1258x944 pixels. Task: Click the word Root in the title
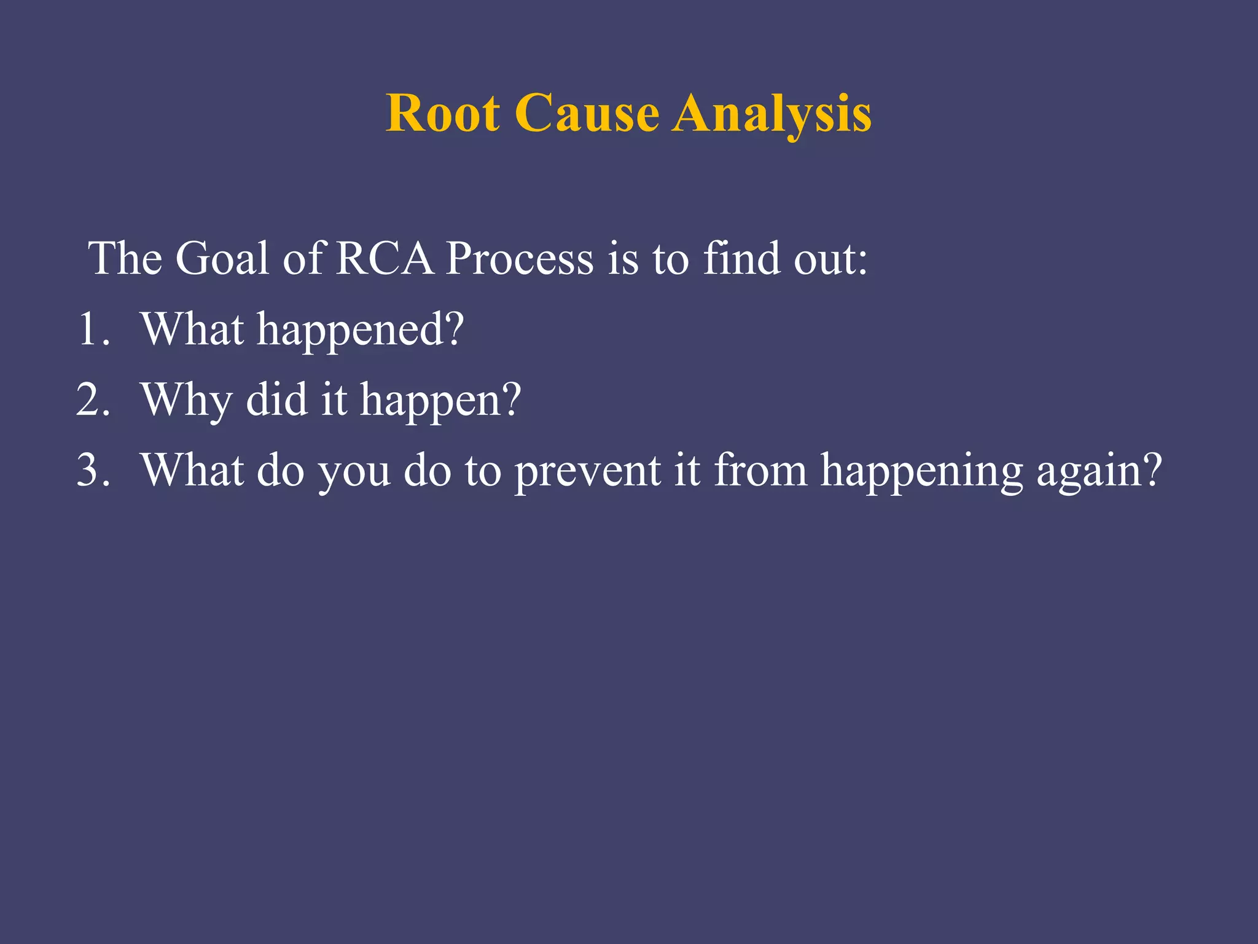pos(442,114)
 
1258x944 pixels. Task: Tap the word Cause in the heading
pos(587,114)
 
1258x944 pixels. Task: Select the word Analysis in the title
pos(772,114)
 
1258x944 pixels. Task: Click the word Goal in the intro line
pos(222,258)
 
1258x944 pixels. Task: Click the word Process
pos(520,258)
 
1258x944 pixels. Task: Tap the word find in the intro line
pos(741,258)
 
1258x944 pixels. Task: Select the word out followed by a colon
pos(829,258)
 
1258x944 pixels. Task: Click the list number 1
pos(93,329)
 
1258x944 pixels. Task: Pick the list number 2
pos(93,399)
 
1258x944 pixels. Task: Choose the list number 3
pos(93,470)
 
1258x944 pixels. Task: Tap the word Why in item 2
pos(187,401)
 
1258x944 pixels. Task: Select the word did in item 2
pos(276,399)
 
